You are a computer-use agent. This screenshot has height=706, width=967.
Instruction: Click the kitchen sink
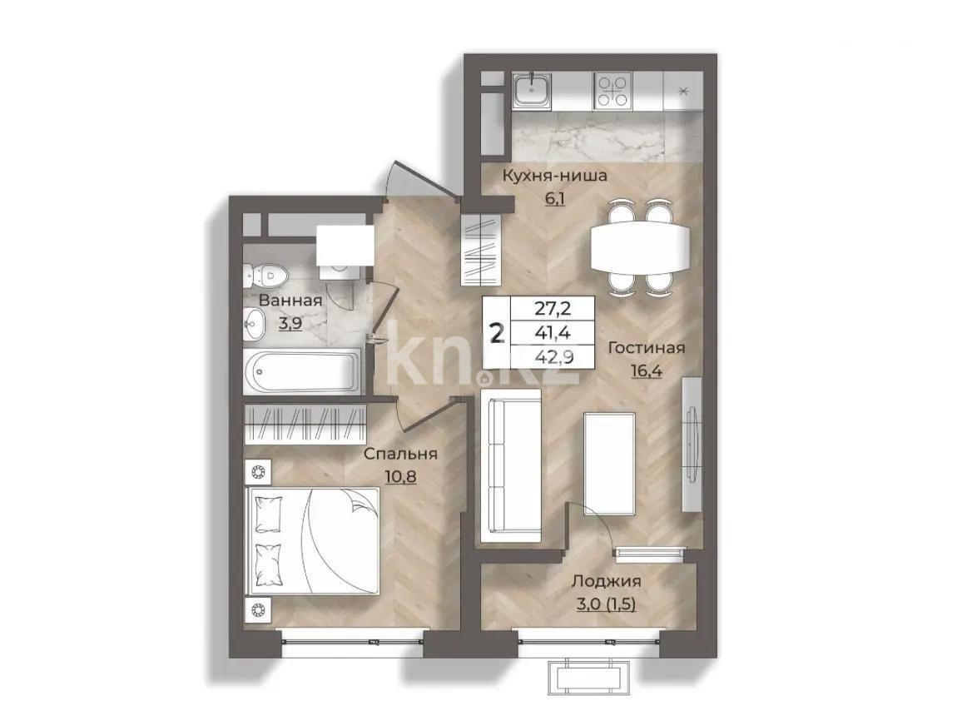click(530, 90)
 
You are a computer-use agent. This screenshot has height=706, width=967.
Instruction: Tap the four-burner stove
click(612, 90)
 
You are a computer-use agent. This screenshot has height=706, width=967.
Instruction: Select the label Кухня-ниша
click(554, 176)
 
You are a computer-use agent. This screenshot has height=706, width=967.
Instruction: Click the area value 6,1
click(554, 199)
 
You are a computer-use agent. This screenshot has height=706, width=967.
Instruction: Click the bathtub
click(302, 370)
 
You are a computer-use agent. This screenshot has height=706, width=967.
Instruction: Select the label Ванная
click(290, 301)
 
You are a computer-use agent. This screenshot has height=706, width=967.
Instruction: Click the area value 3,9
click(290, 324)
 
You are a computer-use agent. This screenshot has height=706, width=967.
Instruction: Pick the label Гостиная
click(646, 348)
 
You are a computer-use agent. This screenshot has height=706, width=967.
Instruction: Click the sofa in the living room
click(510, 465)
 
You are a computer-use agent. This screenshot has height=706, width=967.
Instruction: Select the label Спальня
click(400, 454)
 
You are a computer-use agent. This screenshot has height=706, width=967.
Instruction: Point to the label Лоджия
click(605, 582)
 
